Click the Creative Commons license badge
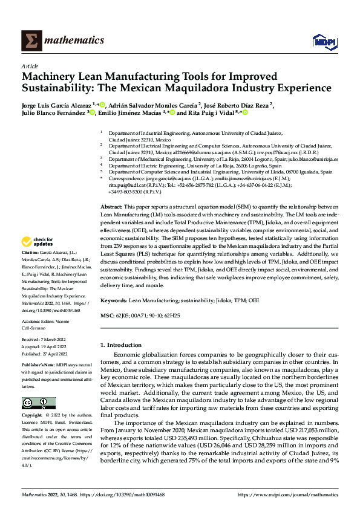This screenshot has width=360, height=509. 39,403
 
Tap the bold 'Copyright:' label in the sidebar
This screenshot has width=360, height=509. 32,416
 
